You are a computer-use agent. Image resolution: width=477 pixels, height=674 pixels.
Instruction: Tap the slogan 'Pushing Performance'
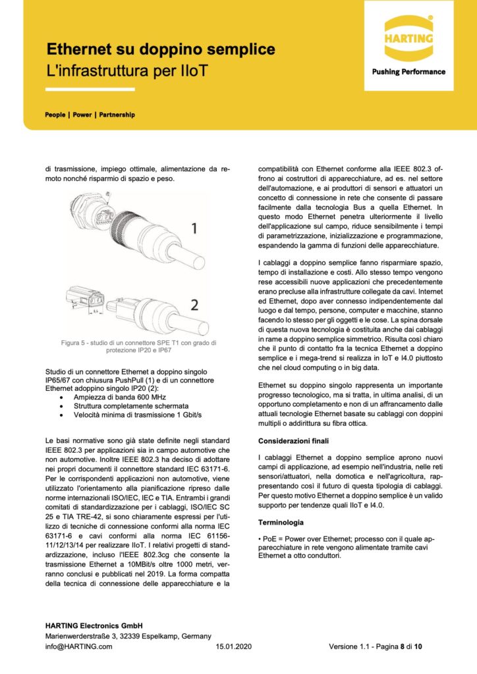pos(408,72)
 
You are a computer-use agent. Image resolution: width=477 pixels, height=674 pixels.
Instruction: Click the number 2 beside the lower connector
pos(194,304)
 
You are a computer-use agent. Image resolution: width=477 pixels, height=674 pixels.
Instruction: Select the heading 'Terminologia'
pos(281,522)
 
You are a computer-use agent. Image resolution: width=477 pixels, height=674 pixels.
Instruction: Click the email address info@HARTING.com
pos(78,646)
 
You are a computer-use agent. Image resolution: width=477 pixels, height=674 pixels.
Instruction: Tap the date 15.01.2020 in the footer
pos(234,646)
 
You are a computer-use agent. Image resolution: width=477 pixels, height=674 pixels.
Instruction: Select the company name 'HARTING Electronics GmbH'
pos(94,625)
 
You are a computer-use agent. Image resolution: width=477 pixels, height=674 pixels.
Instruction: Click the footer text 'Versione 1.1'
pos(350,646)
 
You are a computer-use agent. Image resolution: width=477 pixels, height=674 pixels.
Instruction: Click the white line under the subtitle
pos(90,90)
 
